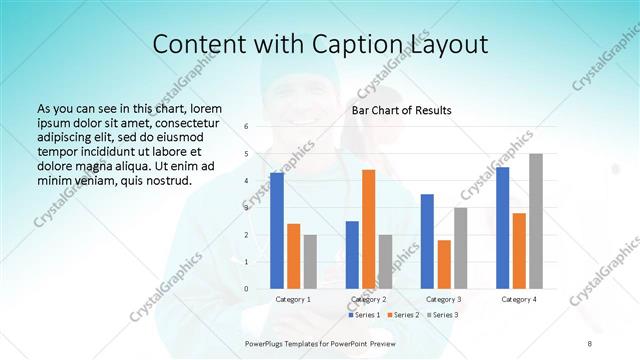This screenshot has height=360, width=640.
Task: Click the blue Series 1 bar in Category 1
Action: (x=276, y=231)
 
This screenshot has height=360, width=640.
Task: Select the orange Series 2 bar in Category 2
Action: (x=368, y=230)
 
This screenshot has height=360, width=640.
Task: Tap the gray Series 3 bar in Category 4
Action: (x=536, y=222)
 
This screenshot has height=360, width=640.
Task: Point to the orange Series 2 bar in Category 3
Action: (x=444, y=265)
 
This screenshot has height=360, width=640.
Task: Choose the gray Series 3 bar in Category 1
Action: (x=310, y=262)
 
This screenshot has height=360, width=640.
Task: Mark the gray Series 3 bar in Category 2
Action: (x=385, y=262)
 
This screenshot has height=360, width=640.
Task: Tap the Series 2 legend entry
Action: (x=403, y=315)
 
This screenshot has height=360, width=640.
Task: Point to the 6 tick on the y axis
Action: (x=246, y=127)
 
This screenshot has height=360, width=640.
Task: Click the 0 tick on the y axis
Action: (x=246, y=289)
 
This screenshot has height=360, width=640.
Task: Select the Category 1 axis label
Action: (x=293, y=299)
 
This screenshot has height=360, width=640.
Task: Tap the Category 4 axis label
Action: (x=518, y=299)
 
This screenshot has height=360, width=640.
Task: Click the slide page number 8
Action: (x=589, y=344)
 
